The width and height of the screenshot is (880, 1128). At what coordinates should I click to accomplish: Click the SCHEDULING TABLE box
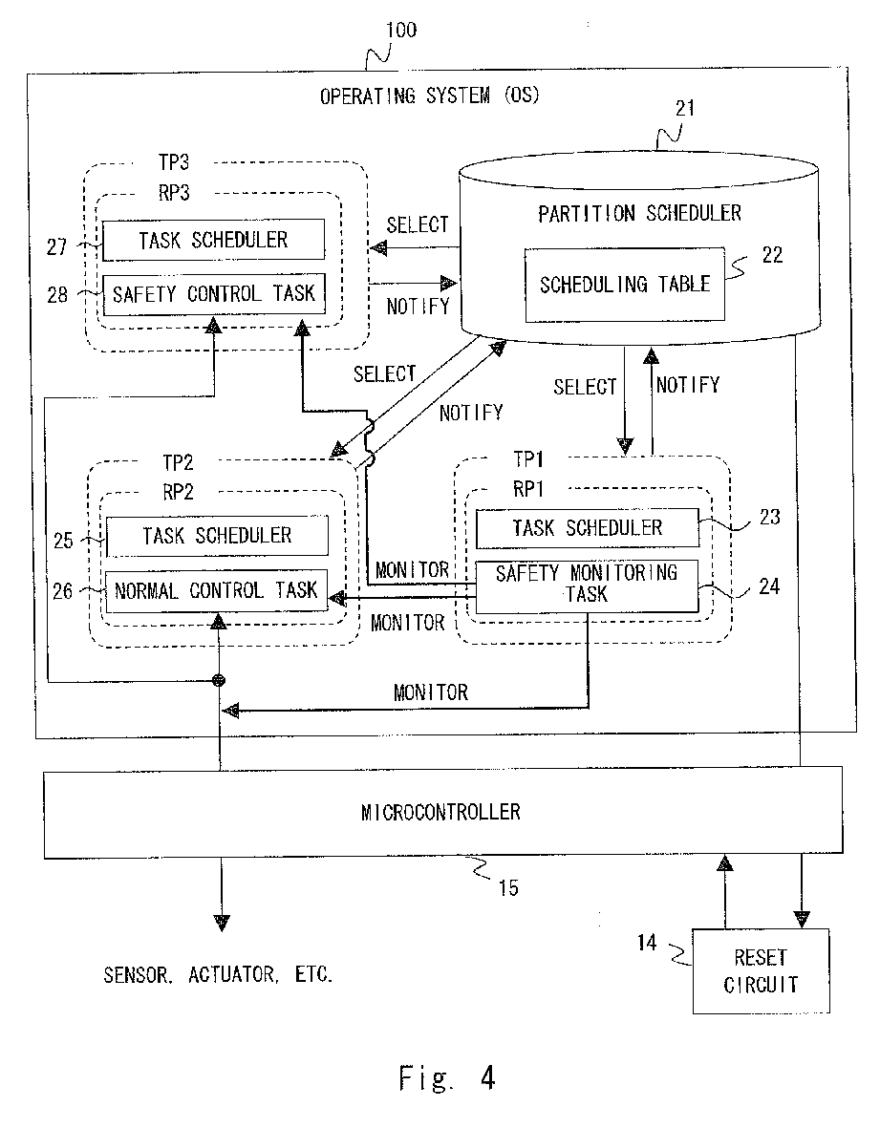click(x=625, y=285)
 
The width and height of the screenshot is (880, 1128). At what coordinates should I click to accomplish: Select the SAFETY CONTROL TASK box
click(x=214, y=294)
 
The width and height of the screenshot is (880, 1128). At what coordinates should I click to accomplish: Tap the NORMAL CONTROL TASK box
click(x=217, y=590)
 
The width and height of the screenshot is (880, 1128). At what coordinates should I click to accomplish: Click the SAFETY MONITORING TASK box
click(x=588, y=586)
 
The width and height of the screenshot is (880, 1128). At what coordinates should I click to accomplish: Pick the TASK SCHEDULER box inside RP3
click(x=214, y=240)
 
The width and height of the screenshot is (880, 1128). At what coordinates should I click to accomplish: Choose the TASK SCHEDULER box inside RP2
click(x=217, y=536)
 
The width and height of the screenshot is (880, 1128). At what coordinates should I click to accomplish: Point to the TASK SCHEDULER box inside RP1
click(x=588, y=528)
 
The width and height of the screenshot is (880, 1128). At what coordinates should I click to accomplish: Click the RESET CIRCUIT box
click(x=762, y=971)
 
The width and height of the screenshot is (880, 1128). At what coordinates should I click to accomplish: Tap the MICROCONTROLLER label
click(x=440, y=812)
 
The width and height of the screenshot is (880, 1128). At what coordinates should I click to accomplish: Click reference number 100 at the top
click(x=400, y=31)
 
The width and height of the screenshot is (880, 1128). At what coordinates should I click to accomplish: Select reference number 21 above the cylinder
click(x=685, y=109)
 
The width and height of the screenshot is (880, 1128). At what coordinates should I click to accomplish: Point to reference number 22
click(x=772, y=255)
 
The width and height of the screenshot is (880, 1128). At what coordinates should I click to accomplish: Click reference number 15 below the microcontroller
click(x=508, y=888)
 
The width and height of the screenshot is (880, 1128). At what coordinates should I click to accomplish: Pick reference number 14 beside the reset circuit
click(x=647, y=943)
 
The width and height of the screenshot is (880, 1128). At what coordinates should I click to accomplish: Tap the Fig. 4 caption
click(x=447, y=1078)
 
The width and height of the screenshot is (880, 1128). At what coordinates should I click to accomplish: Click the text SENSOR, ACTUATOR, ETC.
click(x=218, y=975)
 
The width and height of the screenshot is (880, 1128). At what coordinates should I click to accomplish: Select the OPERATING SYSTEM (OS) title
click(x=430, y=96)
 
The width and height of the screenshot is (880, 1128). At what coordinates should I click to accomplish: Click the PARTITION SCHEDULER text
click(x=639, y=214)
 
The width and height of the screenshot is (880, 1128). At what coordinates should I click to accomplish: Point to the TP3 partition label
click(x=174, y=162)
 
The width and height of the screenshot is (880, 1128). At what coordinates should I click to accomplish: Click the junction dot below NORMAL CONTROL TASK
click(x=220, y=681)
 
